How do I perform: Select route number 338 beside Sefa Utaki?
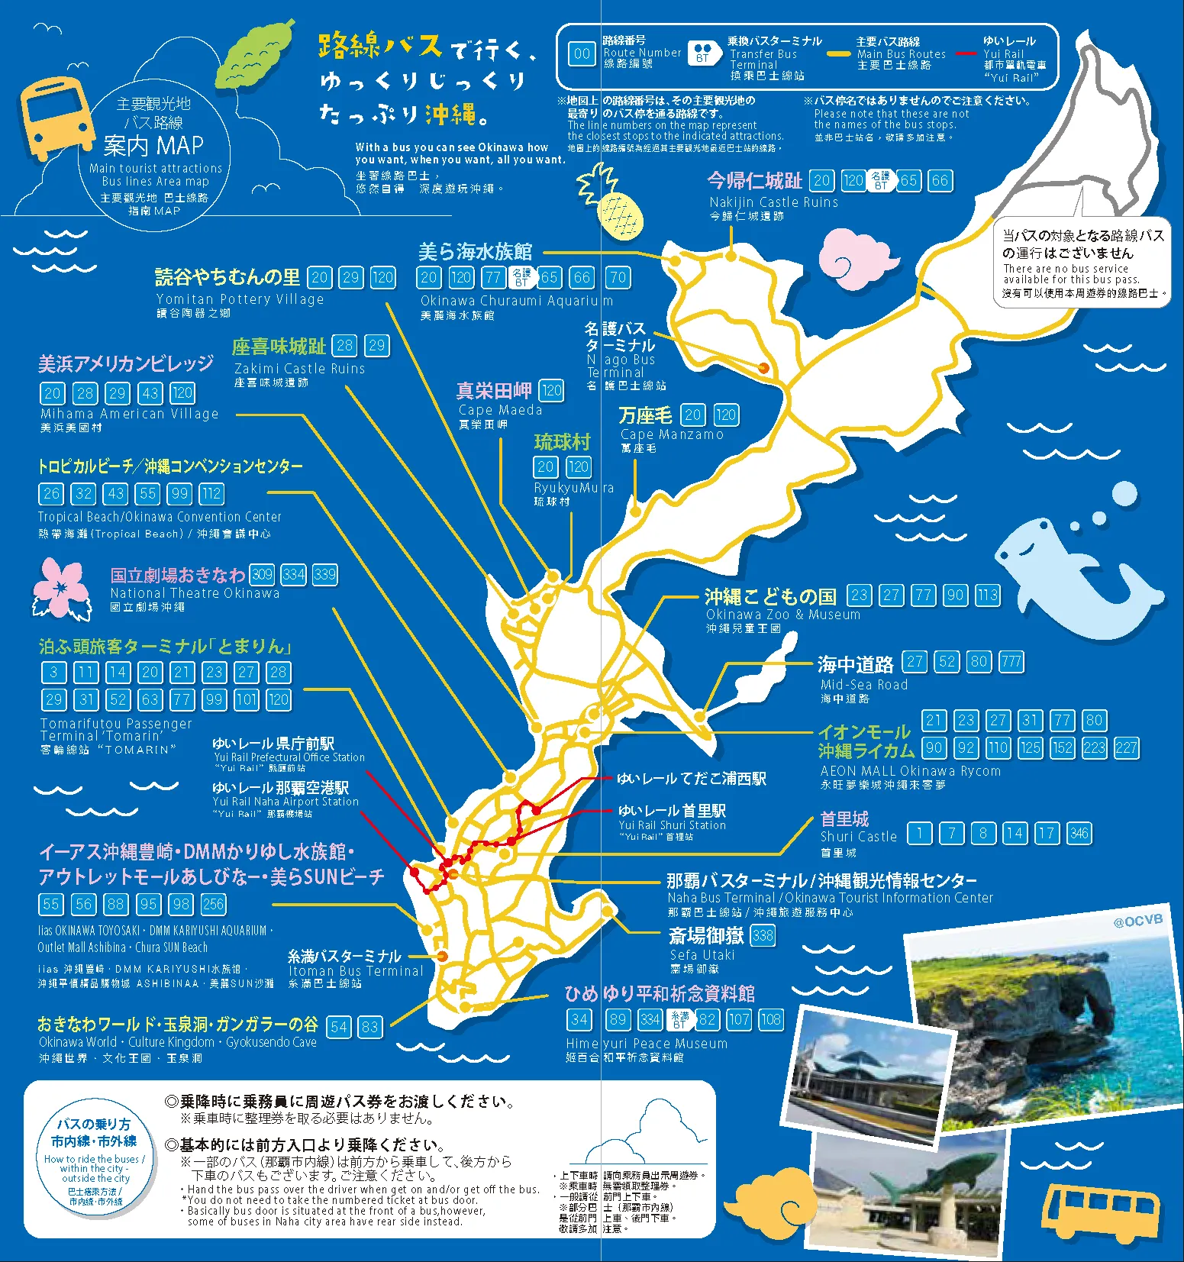[763, 935]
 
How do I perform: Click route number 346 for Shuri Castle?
[1079, 833]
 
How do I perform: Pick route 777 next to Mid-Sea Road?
[1011, 662]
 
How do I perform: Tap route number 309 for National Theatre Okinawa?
[262, 574]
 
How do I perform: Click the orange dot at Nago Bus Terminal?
[763, 368]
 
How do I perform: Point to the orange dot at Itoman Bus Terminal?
[442, 956]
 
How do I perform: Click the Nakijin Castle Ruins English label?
[773, 202]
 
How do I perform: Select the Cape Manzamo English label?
[672, 434]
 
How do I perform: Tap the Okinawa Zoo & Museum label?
[782, 615]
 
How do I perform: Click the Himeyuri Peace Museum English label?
[647, 1044]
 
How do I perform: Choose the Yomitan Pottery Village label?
[240, 299]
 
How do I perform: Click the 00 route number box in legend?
[582, 53]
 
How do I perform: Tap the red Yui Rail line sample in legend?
[966, 54]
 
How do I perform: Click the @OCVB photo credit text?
[1137, 921]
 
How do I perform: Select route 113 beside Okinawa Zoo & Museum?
[987, 595]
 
